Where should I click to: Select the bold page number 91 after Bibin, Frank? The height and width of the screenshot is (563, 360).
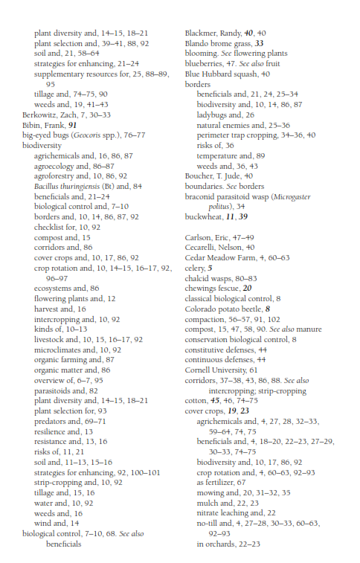click(x=72, y=126)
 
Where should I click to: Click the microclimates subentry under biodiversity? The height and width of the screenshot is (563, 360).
click(x=63, y=369)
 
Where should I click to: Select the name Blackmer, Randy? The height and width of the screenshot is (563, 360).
click(x=211, y=34)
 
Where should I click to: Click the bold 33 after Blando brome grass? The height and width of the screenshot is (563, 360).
click(x=259, y=44)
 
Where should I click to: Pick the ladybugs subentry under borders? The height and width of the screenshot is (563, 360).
click(x=216, y=115)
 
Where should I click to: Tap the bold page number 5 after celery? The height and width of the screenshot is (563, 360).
click(x=210, y=268)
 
